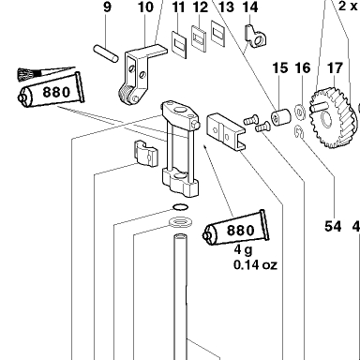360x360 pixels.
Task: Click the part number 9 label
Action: click(x=107, y=7)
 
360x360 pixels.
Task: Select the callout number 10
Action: click(x=146, y=7)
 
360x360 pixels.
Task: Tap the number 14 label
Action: click(x=250, y=7)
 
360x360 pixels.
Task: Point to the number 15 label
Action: click(x=280, y=68)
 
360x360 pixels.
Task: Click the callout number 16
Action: click(x=303, y=68)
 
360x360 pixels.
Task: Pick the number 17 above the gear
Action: click(x=335, y=68)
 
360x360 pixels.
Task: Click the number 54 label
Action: click(x=333, y=226)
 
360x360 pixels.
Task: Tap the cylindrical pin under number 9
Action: click(x=106, y=53)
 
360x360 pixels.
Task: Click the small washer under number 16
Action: click(x=300, y=112)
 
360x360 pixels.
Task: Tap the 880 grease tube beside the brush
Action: click(x=51, y=92)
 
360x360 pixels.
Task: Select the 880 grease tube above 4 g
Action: click(x=235, y=230)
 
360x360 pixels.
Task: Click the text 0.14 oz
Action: click(x=255, y=265)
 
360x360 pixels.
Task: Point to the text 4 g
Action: click(x=244, y=250)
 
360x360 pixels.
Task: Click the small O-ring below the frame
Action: click(x=181, y=207)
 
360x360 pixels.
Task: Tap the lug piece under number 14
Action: click(x=255, y=37)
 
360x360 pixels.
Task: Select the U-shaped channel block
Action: click(x=226, y=132)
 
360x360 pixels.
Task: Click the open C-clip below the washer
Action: click(x=299, y=131)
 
